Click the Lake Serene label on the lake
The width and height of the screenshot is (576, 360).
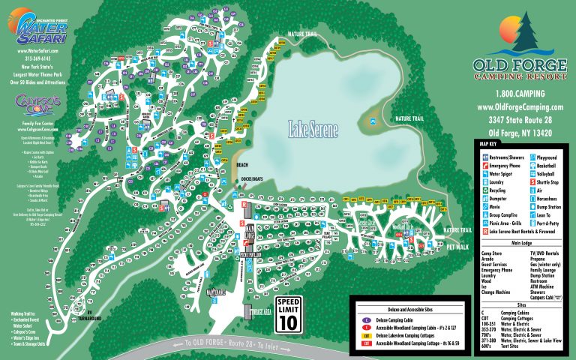[x=313, y=130]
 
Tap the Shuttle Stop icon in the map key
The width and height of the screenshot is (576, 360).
[x=533, y=181]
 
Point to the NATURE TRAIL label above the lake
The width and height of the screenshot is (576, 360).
[x=304, y=34]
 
